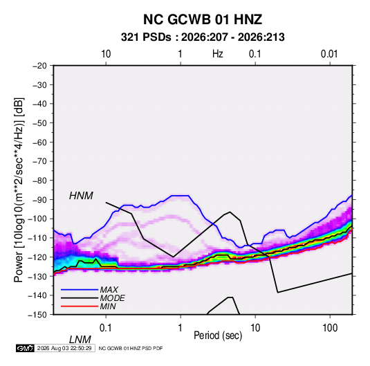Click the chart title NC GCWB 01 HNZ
pos(203,19)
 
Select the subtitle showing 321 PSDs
pos(203,37)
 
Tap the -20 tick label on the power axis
pos(39,66)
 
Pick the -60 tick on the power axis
pos(39,142)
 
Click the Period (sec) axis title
pos(218,336)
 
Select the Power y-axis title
pos(19,190)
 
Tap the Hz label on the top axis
pos(218,54)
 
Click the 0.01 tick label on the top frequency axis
pos(329,54)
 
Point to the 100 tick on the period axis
pos(330,328)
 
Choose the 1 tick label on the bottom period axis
pos(181,328)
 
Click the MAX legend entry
pos(109,290)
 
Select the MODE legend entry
pos(112,298)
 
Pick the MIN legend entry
pos(108,306)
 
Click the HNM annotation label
pos(81,196)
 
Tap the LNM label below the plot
pos(80,340)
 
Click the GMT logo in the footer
pos(25,348)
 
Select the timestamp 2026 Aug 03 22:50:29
pos(64,348)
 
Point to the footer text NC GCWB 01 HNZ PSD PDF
pos(131,348)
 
